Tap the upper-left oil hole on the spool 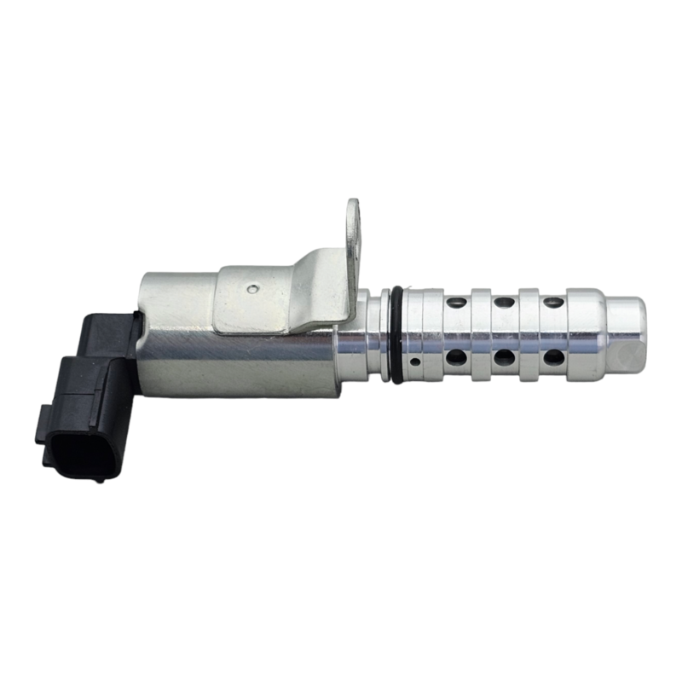(458, 303)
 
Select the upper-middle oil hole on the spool (506, 303)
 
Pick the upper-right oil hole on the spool (554, 303)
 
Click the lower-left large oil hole (458, 356)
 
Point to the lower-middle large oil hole (506, 356)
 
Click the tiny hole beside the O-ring (414, 361)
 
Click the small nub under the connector (101, 478)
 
